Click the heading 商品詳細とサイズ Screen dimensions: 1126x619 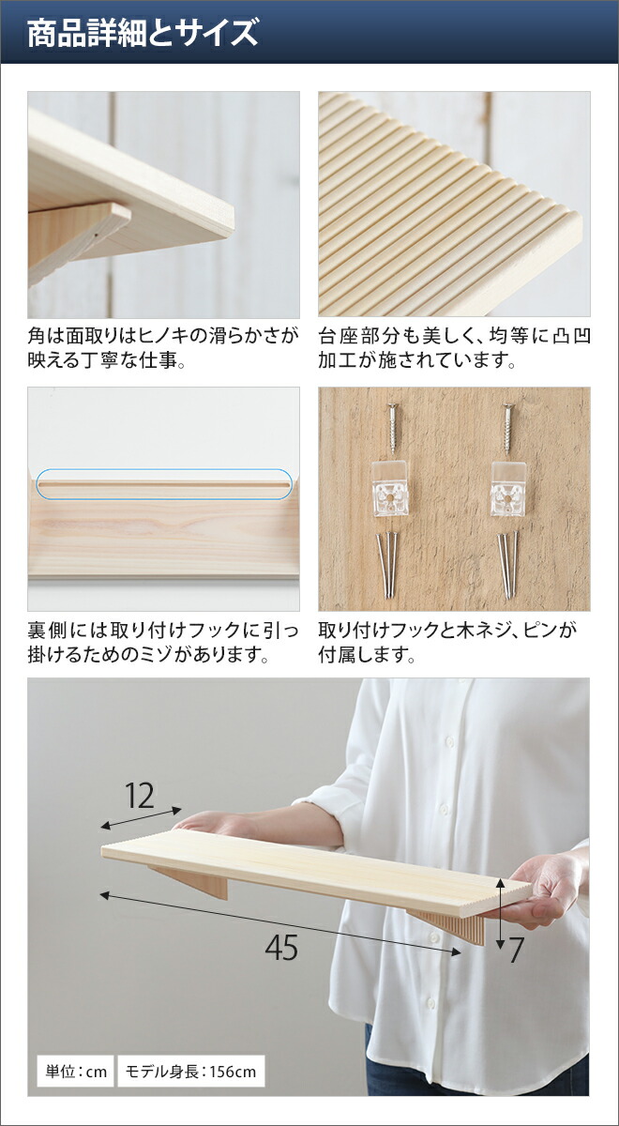142,35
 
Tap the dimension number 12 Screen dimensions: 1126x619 140,796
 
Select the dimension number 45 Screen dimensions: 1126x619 280,948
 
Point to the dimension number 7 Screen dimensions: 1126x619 516,951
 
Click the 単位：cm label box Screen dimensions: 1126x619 74,1071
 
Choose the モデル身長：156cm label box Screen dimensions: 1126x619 190,1071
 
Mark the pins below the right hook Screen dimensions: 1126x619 507,563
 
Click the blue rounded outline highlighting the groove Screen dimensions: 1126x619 164,484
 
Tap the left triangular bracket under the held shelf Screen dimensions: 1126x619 193,882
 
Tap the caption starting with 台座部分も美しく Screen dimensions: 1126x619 454,347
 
